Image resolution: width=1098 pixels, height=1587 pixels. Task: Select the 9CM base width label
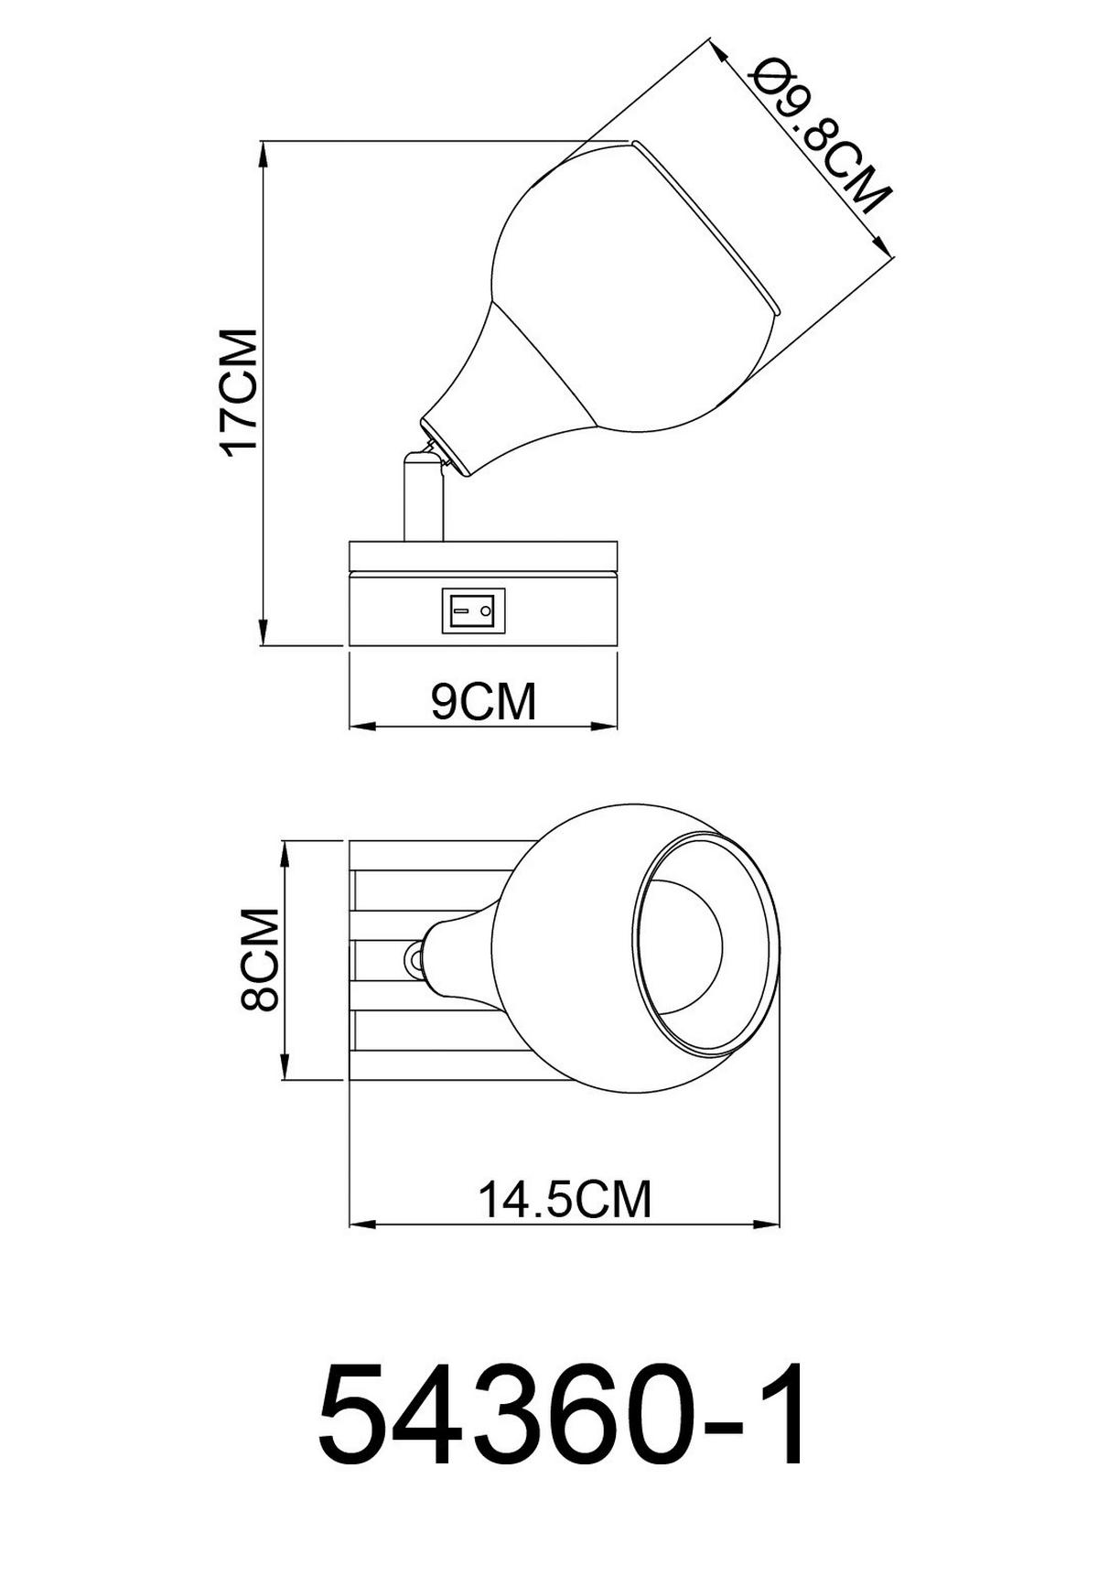[484, 702]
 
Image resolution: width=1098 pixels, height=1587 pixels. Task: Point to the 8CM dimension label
[259, 959]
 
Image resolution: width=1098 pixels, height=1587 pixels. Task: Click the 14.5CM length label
[565, 1198]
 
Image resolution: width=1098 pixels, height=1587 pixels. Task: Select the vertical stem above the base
[424, 499]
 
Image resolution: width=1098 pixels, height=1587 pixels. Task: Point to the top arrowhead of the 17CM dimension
[264, 156]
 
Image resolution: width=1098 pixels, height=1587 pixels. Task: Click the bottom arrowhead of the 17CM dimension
[264, 632]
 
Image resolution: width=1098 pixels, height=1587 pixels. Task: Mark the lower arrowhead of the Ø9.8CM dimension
[882, 247]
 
